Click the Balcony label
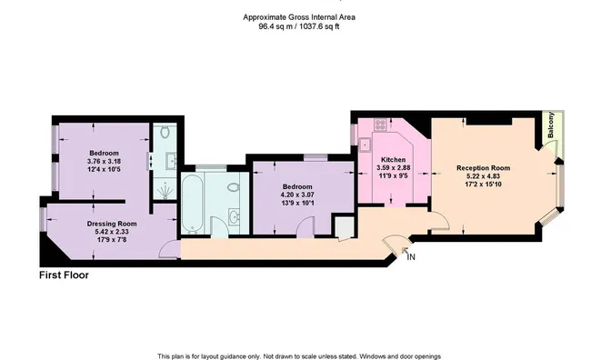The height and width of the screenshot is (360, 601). click(551, 125)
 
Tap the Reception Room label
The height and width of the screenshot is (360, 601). click(483, 168)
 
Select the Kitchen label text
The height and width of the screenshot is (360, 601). click(394, 159)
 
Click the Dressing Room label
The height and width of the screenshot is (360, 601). click(112, 224)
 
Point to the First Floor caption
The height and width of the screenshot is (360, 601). click(64, 275)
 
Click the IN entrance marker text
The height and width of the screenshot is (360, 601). click(411, 257)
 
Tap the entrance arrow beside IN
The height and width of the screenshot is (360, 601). click(405, 251)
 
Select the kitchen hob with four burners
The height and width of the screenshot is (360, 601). click(380, 124)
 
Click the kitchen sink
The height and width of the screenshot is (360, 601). click(365, 145)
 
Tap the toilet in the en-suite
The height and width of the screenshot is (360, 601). click(165, 132)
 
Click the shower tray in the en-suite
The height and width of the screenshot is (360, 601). click(165, 190)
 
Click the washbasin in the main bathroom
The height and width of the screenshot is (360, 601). click(233, 217)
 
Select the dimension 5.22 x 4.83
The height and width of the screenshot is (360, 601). click(483, 176)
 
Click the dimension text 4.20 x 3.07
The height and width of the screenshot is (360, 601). click(297, 195)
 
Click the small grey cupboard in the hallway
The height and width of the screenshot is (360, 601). click(345, 228)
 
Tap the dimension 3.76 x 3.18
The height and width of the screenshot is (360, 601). click(104, 161)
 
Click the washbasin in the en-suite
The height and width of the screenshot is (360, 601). click(171, 161)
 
